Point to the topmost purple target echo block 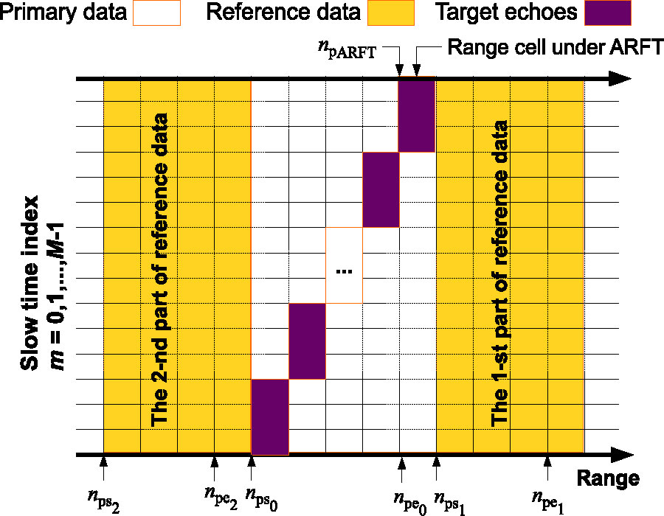417,114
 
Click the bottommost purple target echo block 270,416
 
